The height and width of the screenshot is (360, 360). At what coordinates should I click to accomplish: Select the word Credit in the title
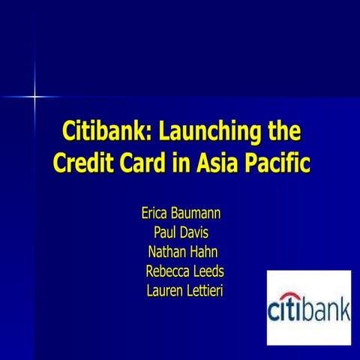pos(83,163)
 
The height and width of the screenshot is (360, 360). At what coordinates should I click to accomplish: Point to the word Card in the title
pos(149,163)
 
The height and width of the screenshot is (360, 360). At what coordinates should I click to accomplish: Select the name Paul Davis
pos(181,232)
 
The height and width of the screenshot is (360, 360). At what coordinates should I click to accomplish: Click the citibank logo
pos(308,306)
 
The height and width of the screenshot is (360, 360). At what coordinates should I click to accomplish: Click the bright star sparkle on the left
pos(34,97)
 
